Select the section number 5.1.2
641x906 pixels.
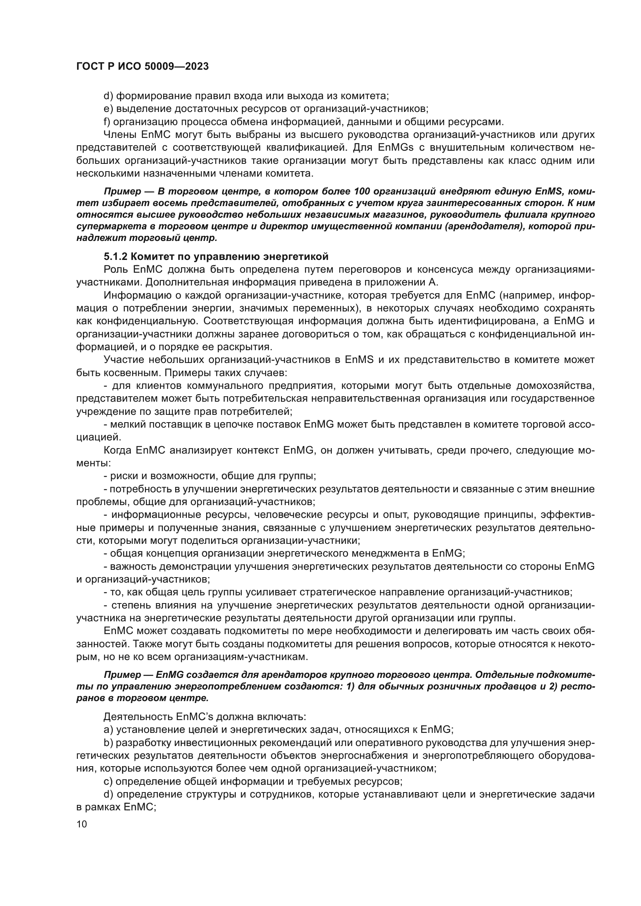click(115, 257)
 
